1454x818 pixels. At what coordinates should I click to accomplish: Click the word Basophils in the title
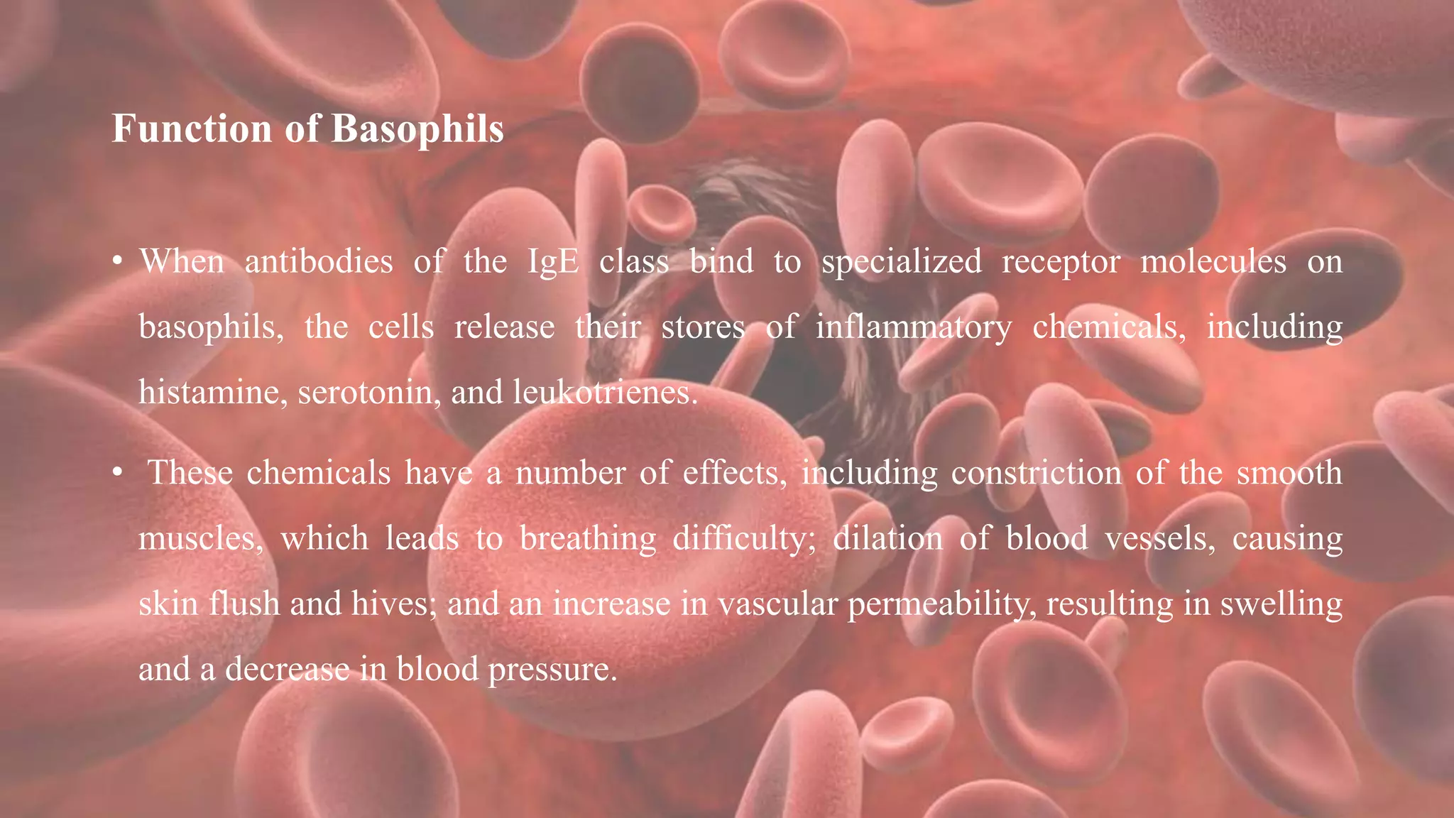click(x=417, y=129)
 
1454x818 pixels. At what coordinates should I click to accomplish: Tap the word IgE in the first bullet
click(x=553, y=261)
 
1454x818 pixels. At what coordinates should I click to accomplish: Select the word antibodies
click(x=319, y=261)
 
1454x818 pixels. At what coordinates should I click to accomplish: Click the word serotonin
click(x=366, y=392)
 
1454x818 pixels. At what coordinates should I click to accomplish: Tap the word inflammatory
click(x=913, y=327)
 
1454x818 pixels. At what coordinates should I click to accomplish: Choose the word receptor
click(x=1061, y=261)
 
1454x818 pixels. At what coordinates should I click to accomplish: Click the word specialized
click(x=902, y=261)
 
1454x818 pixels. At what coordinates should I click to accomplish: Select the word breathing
click(x=588, y=538)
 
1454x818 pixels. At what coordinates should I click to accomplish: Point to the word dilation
click(x=887, y=538)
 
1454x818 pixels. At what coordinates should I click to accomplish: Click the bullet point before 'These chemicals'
click(x=118, y=474)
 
